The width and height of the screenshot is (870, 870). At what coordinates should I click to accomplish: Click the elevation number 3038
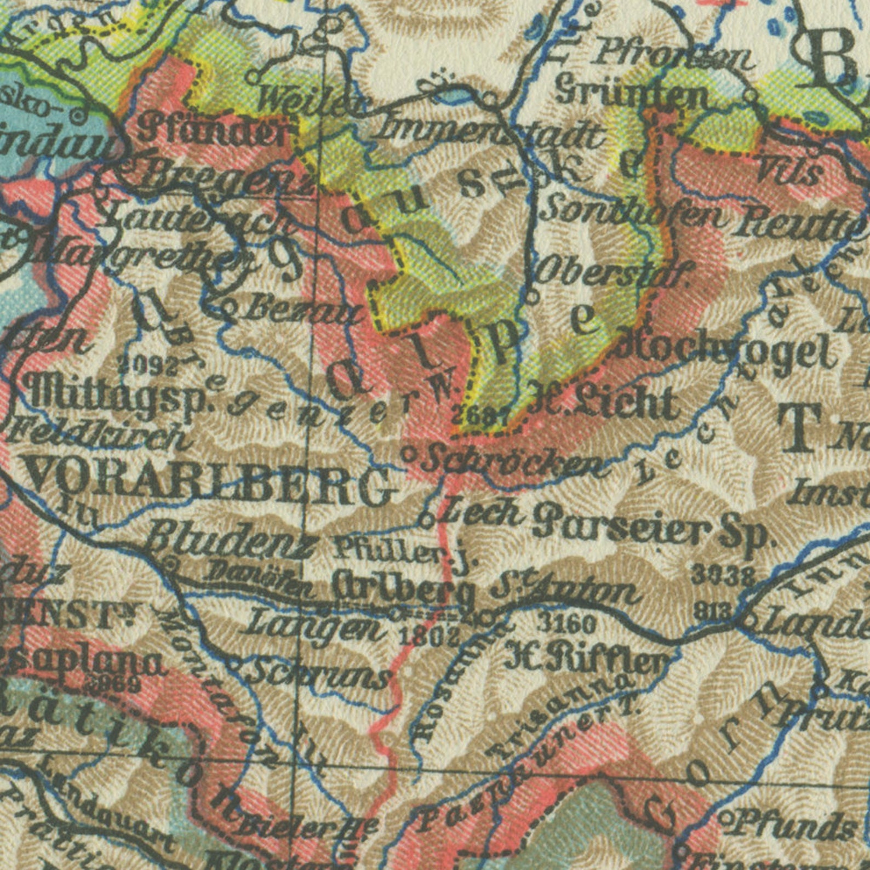click(x=723, y=576)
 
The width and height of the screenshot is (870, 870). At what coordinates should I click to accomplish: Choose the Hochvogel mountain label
click(x=729, y=351)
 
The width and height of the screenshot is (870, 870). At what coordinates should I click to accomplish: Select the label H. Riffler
click(x=586, y=655)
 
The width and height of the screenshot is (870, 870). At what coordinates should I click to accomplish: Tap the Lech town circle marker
click(x=427, y=519)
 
